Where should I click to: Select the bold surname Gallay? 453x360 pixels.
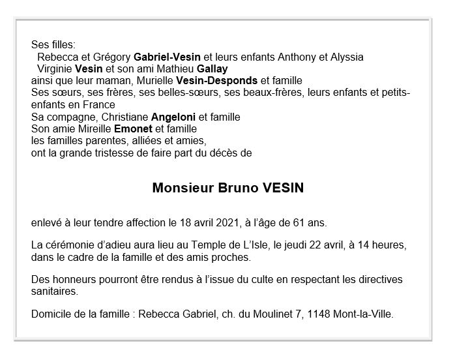pos(211,68)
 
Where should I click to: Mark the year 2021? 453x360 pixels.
pos(229,224)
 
